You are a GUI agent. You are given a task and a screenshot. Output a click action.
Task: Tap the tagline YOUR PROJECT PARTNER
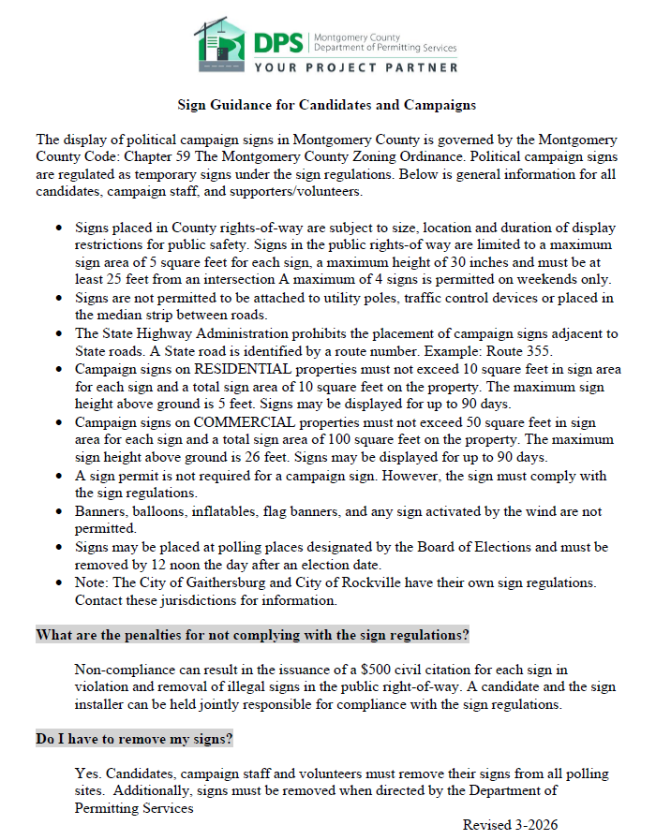point(356,67)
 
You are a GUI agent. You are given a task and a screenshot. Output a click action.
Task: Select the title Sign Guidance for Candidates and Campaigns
point(327,105)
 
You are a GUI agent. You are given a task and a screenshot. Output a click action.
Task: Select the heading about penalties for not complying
point(252,635)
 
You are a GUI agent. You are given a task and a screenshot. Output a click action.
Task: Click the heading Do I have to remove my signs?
point(134,739)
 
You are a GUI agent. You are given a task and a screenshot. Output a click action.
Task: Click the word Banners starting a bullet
point(101,511)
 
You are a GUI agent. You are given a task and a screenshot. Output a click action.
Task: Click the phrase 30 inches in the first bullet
point(455,262)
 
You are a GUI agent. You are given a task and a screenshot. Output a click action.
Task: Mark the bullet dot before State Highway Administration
point(60,334)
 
